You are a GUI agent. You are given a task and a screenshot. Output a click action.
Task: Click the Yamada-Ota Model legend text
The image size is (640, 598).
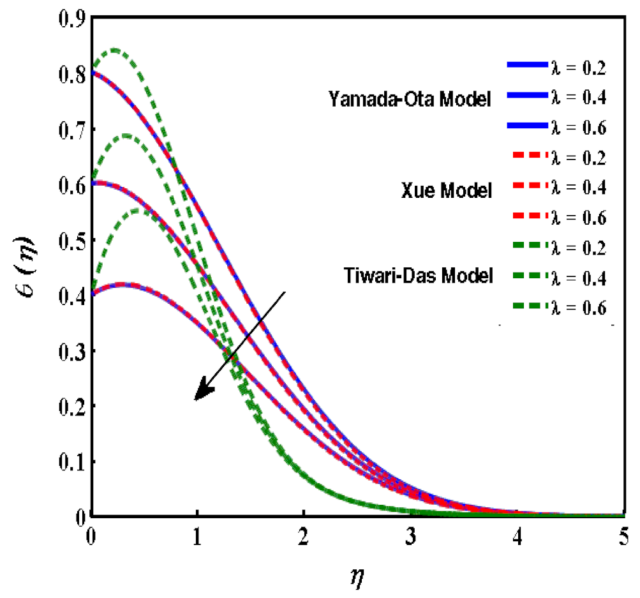pos(410,99)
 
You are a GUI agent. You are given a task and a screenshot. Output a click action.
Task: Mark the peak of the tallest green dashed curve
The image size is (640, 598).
pos(114,49)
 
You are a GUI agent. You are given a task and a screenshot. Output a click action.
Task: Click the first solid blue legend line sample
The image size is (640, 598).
pos(526,64)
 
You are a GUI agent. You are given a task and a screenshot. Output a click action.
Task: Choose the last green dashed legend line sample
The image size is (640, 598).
pos(526,307)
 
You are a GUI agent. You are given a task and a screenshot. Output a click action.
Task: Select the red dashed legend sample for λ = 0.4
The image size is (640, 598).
pos(526,186)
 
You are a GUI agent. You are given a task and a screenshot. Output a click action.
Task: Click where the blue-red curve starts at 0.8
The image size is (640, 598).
pos(93,72)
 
